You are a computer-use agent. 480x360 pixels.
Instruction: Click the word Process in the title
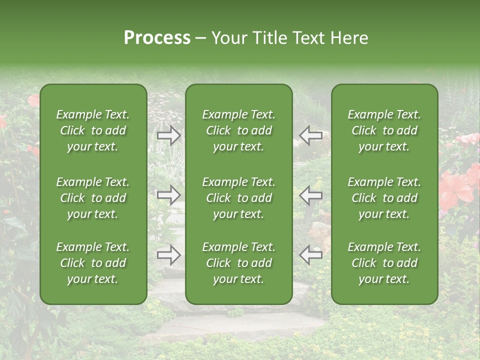pyautogui.click(x=157, y=38)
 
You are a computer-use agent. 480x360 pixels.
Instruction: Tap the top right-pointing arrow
pyautogui.click(x=169, y=135)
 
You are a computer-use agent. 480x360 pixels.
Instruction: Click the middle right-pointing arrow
pyautogui.click(x=169, y=195)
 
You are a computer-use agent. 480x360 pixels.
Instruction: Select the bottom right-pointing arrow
pyautogui.click(x=169, y=255)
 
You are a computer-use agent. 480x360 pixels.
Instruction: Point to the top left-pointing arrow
pyautogui.click(x=310, y=135)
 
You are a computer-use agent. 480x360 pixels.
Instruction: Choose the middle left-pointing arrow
pyautogui.click(x=310, y=195)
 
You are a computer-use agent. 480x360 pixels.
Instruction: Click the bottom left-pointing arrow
pyautogui.click(x=310, y=255)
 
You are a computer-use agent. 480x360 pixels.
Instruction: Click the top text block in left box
pyautogui.click(x=93, y=130)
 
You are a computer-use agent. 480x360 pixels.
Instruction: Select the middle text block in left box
pyautogui.click(x=93, y=198)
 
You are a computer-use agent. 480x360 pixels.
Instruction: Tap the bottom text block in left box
pyautogui.click(x=93, y=263)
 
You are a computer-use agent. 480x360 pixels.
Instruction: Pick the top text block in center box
pyautogui.click(x=238, y=130)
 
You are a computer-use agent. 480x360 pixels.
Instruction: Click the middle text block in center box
pyautogui.click(x=238, y=198)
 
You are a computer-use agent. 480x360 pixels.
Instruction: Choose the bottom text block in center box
pyautogui.click(x=238, y=263)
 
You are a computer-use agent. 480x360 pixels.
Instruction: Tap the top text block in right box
pyautogui.click(x=384, y=130)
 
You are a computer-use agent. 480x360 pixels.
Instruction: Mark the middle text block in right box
pyautogui.click(x=384, y=198)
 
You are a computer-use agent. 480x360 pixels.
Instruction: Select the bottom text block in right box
pyautogui.click(x=384, y=263)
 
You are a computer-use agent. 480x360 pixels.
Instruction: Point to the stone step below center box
pyautogui.click(x=240, y=325)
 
